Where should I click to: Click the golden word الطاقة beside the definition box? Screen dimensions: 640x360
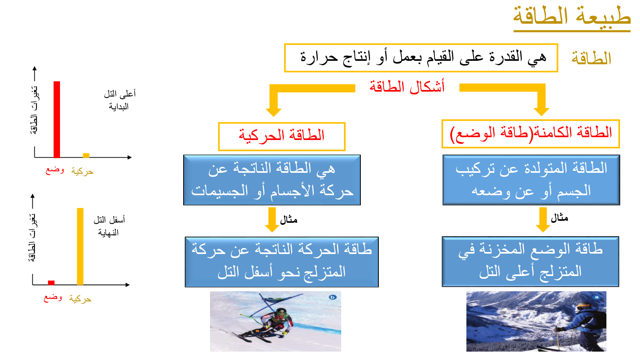point(591,58)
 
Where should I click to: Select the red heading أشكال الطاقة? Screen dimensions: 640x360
point(407,86)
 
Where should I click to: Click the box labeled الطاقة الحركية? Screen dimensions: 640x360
point(282,136)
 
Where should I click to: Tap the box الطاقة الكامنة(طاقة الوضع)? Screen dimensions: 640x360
point(530,134)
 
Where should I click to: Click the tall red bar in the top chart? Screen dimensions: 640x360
point(57,120)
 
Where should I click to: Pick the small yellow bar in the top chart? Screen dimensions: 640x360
point(86,156)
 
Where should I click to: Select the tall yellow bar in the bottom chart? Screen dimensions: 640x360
point(80,246)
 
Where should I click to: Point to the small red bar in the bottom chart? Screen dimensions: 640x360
point(51,283)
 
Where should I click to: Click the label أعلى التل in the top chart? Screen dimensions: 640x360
point(120,94)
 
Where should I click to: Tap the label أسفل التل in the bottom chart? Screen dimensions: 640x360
point(109,220)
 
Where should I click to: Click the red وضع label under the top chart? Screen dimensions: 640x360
point(55,170)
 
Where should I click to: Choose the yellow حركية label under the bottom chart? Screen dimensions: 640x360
point(80,299)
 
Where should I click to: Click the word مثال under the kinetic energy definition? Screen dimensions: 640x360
point(288,220)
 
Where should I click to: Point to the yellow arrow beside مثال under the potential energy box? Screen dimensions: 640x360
point(543,220)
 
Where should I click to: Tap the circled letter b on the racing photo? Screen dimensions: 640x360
point(332,298)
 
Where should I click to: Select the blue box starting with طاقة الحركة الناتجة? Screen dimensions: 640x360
point(282,262)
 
